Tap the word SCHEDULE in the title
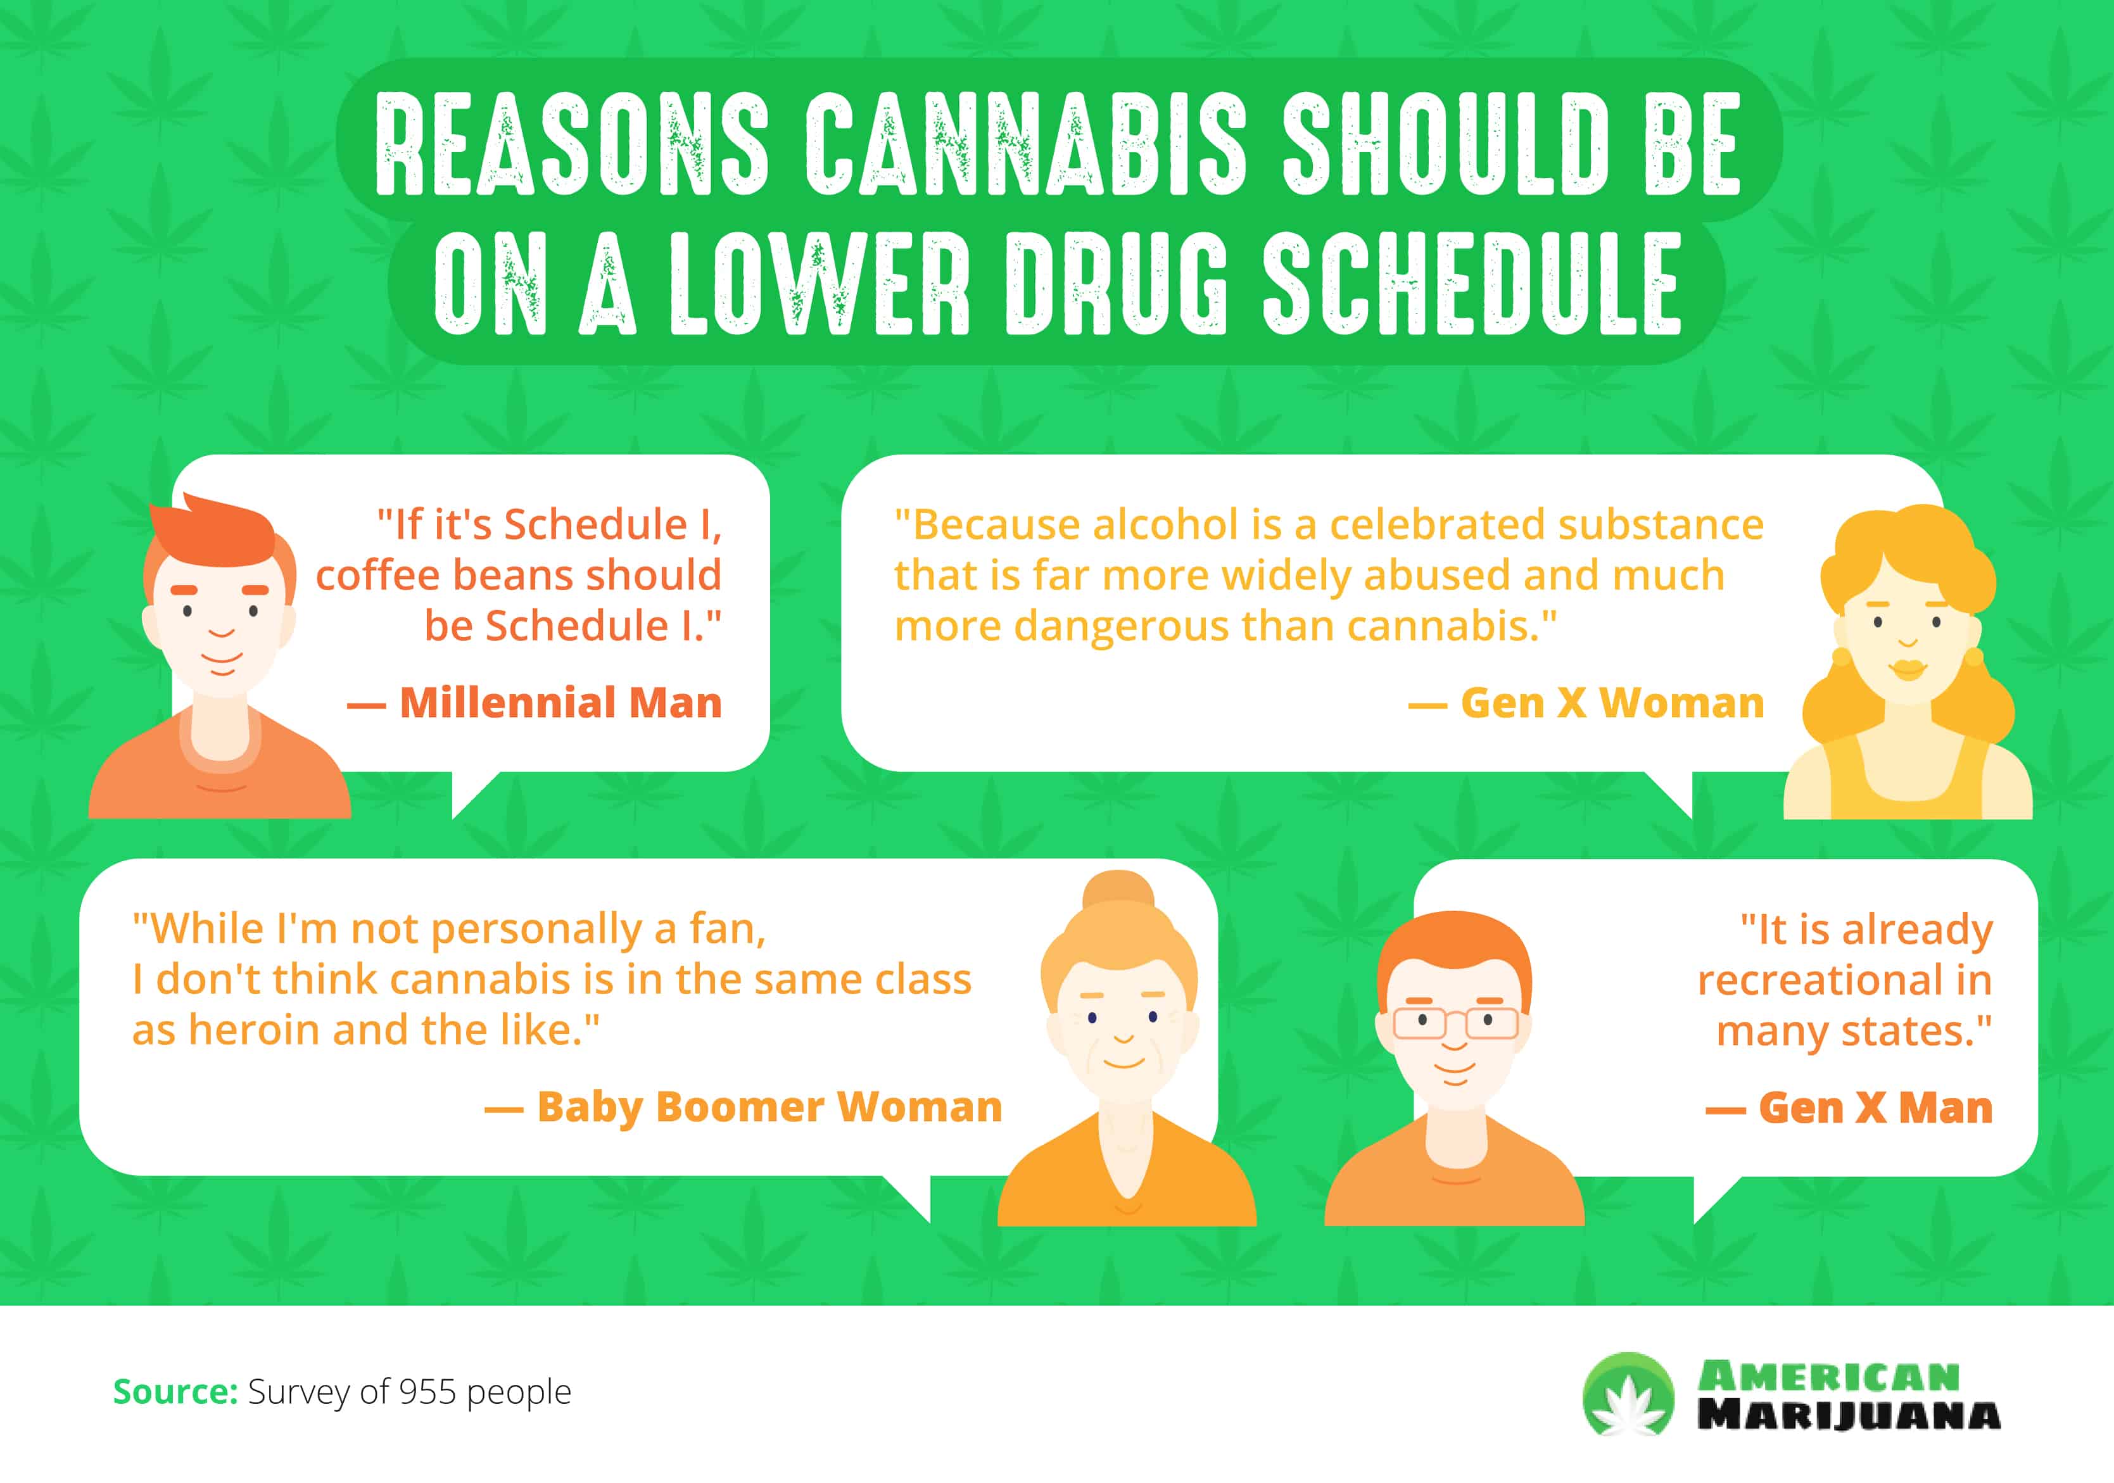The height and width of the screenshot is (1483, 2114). point(1471,284)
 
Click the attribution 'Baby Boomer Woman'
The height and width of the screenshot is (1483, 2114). point(769,1108)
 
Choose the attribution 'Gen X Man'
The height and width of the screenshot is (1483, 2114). point(1875,1108)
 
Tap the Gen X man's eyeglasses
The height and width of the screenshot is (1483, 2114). point(1455,1023)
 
